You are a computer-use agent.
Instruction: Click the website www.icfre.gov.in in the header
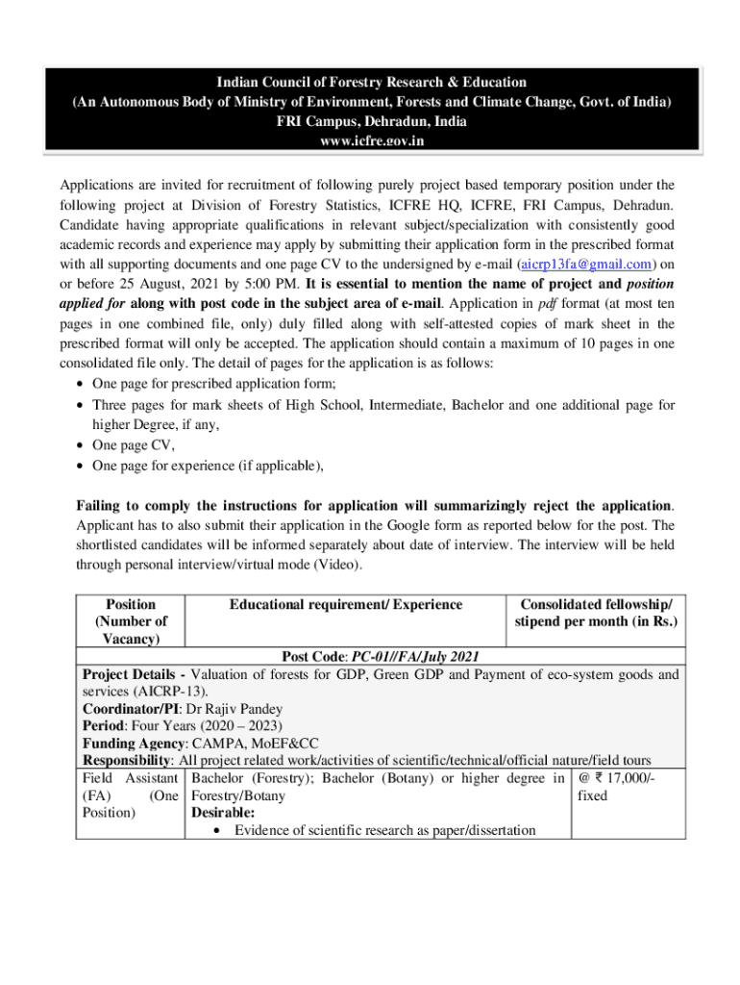pos(370,140)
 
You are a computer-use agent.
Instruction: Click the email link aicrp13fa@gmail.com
pos(587,264)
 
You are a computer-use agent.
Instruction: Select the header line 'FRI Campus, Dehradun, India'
pos(370,121)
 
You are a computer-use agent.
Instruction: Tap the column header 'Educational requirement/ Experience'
pos(346,604)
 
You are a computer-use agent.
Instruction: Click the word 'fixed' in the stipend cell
pos(592,796)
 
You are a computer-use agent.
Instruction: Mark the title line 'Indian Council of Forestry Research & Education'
pos(370,83)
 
